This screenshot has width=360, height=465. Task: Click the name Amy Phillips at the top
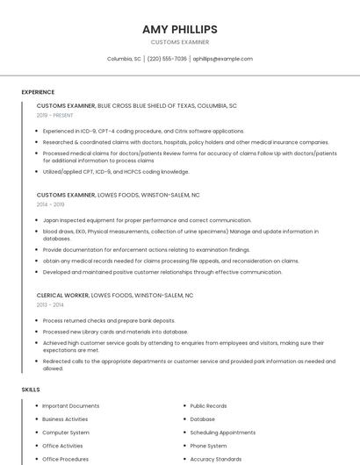[179, 29]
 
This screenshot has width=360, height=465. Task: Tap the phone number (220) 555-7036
[167, 59]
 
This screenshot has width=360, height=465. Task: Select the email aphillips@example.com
[222, 59]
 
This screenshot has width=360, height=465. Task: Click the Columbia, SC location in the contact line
[124, 59]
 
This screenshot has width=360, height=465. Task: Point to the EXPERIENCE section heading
[38, 92]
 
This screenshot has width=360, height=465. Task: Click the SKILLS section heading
[31, 389]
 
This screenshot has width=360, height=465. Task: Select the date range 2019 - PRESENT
[54, 115]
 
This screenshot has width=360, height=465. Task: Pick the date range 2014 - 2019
[50, 204]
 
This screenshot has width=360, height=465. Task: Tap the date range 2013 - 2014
[50, 304]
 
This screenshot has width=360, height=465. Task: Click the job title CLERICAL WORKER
[67, 296]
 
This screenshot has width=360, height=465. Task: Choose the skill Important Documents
[70, 406]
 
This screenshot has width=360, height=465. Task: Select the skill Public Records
[208, 406]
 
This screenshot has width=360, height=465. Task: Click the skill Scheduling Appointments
[222, 433]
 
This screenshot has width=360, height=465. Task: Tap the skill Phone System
[208, 446]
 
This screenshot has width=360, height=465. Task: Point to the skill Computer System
[66, 433]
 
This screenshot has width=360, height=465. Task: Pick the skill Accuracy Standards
[215, 459]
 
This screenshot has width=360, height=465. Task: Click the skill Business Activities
[65, 419]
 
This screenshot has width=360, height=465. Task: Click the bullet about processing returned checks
[109, 320]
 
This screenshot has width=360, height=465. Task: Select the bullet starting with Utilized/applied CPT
[116, 172]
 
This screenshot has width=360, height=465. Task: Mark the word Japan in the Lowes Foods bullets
[51, 220]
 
